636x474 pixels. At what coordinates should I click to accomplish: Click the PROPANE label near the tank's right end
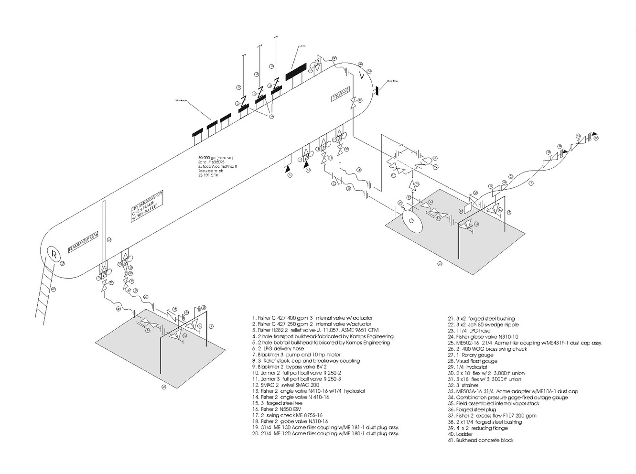341,93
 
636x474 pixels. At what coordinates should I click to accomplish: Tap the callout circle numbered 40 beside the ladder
54,289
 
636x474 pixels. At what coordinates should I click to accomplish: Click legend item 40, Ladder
460,434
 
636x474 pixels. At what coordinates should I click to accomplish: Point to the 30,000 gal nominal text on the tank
216,157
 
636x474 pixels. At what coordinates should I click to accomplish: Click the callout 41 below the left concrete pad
163,387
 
